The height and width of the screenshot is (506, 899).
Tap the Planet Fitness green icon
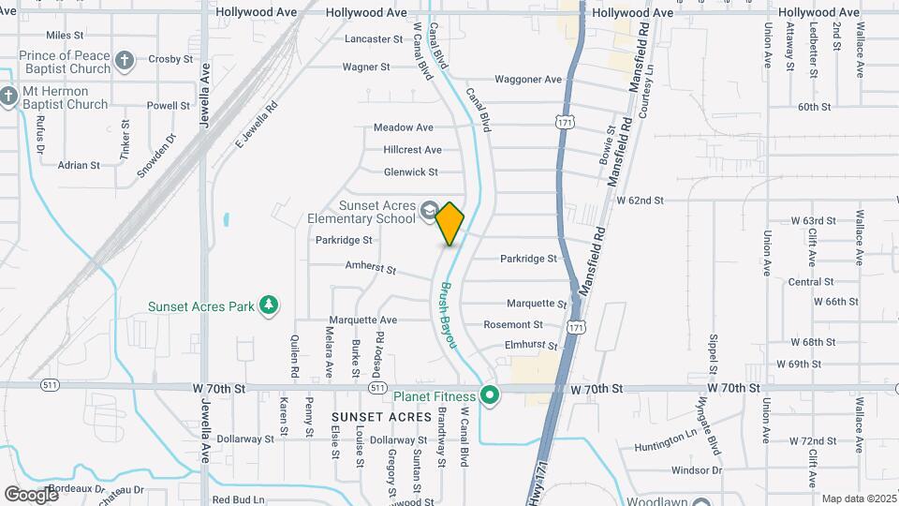pos(489,396)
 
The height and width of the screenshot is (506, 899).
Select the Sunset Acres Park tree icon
pos(269,305)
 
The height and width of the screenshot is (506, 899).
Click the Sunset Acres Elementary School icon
pos(429,211)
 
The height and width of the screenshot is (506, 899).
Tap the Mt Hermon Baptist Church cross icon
pos(9,97)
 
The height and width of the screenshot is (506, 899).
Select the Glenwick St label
pos(411,172)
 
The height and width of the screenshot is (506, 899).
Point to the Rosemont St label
pos(513,325)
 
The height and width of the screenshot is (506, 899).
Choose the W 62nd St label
pos(640,201)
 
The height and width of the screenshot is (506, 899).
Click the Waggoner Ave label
pos(528,80)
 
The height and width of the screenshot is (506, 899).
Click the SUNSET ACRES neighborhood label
pos(381,416)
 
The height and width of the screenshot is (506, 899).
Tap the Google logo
pos(30,494)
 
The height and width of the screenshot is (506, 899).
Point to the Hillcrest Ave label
pos(412,150)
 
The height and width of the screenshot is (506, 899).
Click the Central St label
pos(811,282)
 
